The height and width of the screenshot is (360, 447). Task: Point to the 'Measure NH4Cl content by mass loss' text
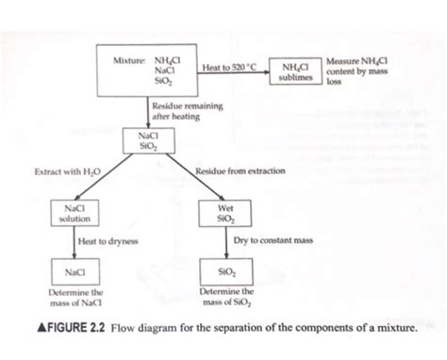tap(351, 72)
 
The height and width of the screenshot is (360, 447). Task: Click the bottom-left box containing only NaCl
tap(74, 273)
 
